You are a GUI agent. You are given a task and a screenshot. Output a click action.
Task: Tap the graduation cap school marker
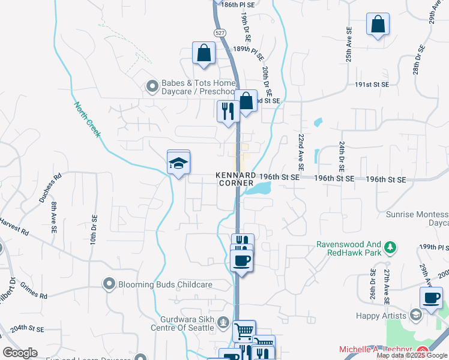(x=178, y=163)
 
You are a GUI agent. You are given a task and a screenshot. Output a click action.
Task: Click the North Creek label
(x=87, y=119)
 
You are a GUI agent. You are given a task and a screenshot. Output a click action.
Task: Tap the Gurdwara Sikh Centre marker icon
(x=223, y=324)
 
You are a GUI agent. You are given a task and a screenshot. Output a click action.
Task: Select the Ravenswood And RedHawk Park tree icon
(x=390, y=247)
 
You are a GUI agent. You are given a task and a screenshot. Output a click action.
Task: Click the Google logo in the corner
(x=20, y=353)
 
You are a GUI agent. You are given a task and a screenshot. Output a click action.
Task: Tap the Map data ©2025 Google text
(x=411, y=355)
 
